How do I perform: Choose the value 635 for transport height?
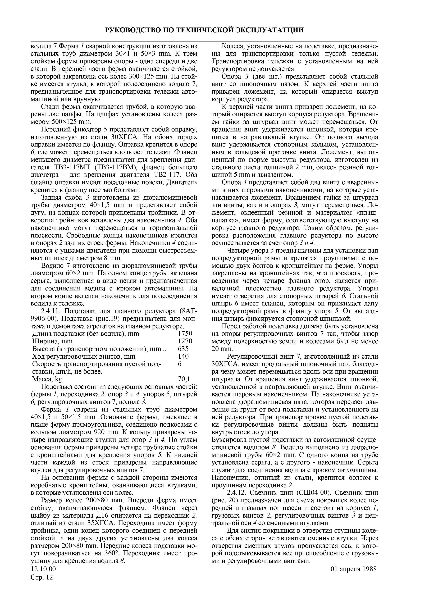183,349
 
